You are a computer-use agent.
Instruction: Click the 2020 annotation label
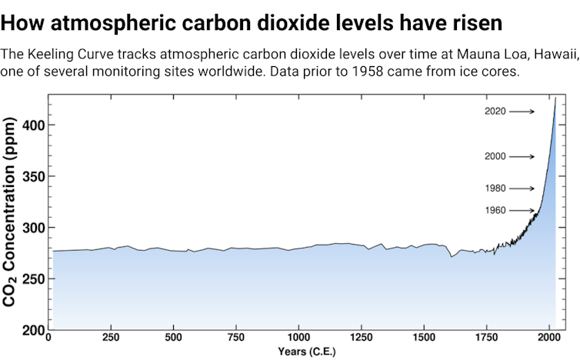pyautogui.click(x=495, y=112)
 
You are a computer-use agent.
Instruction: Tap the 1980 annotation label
pyautogui.click(x=495, y=188)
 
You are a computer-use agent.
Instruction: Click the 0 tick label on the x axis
pyautogui.click(x=48, y=338)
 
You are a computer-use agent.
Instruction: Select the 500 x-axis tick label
pyautogui.click(x=174, y=338)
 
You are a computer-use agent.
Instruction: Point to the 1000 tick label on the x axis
pyautogui.click(x=298, y=338)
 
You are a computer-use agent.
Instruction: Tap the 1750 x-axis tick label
pyautogui.click(x=486, y=338)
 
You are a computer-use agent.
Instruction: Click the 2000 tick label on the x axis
pyautogui.click(x=548, y=338)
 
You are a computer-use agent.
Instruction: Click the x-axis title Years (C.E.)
pyautogui.click(x=301, y=352)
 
